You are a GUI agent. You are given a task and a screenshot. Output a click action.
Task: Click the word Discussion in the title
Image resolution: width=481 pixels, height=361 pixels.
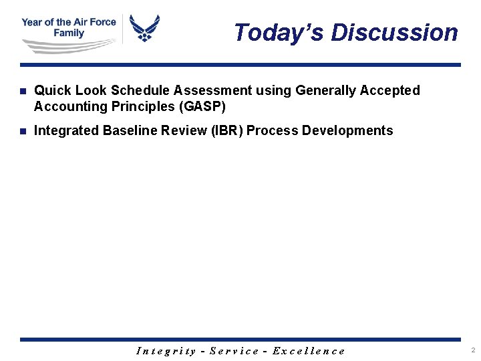click(394, 32)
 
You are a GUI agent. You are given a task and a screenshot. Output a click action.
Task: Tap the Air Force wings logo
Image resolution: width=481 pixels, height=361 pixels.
click(144, 28)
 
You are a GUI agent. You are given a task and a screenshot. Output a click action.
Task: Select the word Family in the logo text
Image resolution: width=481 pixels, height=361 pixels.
click(69, 33)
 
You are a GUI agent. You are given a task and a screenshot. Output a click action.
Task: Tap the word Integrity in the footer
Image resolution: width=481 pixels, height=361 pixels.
click(166, 351)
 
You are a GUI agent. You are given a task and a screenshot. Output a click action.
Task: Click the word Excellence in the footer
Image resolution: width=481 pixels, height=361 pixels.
click(309, 351)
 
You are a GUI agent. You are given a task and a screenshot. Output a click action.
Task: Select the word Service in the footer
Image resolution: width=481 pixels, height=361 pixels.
click(234, 351)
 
